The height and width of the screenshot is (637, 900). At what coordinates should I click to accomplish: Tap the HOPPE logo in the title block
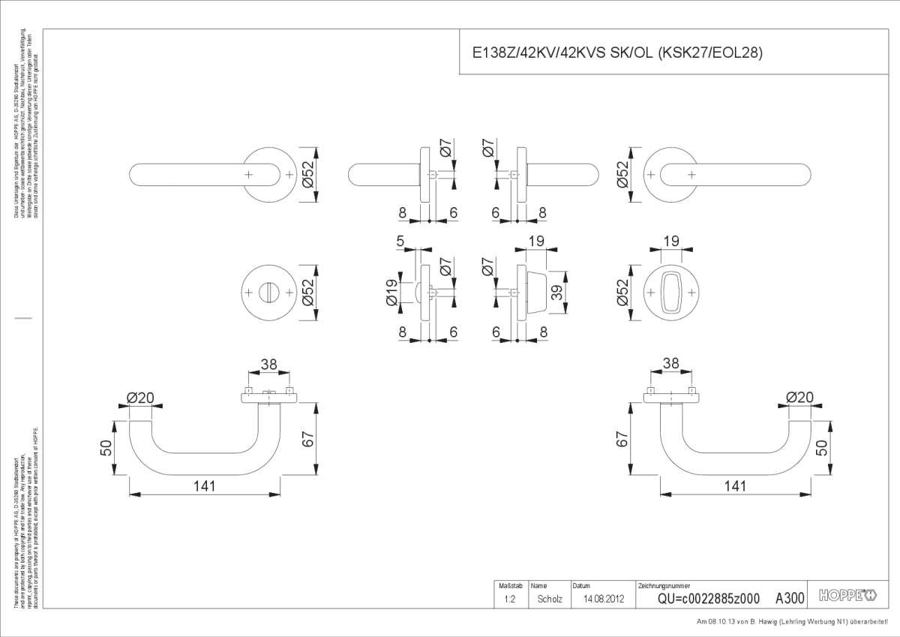pyautogui.click(x=847, y=597)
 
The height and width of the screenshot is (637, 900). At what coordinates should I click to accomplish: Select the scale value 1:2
pyautogui.click(x=509, y=599)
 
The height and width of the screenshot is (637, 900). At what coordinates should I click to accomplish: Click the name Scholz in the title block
pyautogui.click(x=550, y=599)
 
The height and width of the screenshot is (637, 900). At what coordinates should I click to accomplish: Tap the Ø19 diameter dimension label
pyautogui.click(x=391, y=292)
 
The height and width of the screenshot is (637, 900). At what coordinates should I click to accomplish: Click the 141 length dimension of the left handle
pyautogui.click(x=203, y=485)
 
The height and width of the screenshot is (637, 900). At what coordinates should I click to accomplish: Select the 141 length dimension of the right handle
pyautogui.click(x=736, y=485)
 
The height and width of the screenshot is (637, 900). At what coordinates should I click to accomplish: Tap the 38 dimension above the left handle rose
pyautogui.click(x=268, y=364)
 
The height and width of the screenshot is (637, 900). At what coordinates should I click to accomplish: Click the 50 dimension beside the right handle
pyautogui.click(x=822, y=447)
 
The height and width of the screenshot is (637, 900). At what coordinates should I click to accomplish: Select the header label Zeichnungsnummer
pyautogui.click(x=664, y=585)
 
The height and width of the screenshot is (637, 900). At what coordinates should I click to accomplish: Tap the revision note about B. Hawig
pyautogui.click(x=796, y=622)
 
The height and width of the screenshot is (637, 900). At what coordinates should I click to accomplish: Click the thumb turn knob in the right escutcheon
pyautogui.click(x=671, y=291)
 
